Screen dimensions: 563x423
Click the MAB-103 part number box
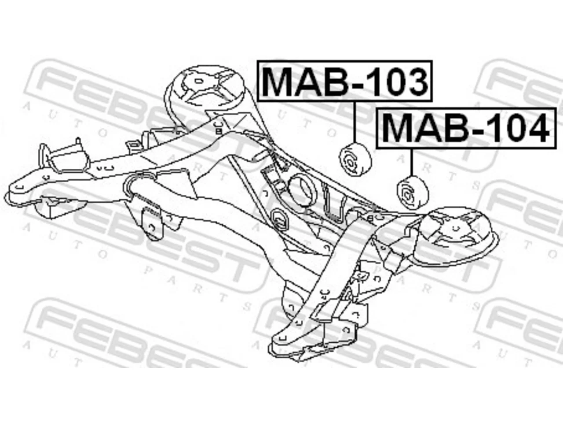tap(345, 81)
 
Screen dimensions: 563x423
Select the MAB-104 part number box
tap(466, 128)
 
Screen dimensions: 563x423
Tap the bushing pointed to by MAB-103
tap(355, 160)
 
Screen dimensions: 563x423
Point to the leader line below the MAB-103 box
tap(355, 122)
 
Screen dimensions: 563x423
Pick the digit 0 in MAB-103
tap(388, 81)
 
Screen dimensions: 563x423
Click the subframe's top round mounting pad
tap(204, 88)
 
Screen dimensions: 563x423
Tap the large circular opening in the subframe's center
tap(303, 189)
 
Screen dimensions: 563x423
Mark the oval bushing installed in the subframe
tap(280, 220)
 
